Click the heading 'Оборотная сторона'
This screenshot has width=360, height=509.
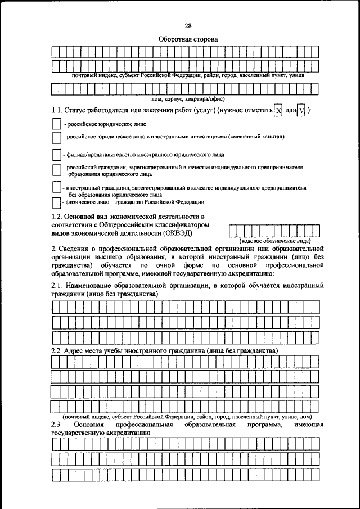coord(187,39)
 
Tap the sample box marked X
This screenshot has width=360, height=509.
coord(278,111)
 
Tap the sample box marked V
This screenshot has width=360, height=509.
coord(301,111)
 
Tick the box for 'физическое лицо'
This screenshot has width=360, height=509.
coord(55,201)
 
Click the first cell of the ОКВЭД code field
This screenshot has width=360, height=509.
coord(234,231)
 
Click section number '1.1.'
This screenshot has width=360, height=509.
coord(57,110)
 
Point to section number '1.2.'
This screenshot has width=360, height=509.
coord(57,217)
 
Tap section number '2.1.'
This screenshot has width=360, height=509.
coord(57,286)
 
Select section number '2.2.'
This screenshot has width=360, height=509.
coord(57,350)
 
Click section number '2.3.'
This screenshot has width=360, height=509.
coord(56,425)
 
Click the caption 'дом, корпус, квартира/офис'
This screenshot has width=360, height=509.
coord(187,98)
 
